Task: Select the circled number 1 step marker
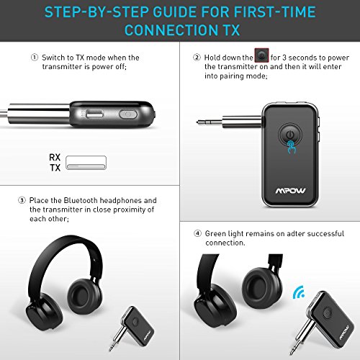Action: (x=35, y=58)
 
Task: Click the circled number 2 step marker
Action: (x=197, y=58)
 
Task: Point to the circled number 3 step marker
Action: (x=22, y=200)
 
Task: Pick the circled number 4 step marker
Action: (x=197, y=233)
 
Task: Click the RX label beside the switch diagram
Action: (x=55, y=158)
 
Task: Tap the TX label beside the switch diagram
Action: (x=55, y=168)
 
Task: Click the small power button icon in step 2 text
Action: (x=261, y=55)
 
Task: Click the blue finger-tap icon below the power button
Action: (x=292, y=147)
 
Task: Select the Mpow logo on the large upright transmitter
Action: (x=290, y=191)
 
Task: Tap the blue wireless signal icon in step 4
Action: (x=299, y=292)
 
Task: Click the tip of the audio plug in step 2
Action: (x=197, y=122)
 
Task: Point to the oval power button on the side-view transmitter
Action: (x=128, y=114)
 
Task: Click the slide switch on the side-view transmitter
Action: (x=94, y=114)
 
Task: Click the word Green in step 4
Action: (x=215, y=233)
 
